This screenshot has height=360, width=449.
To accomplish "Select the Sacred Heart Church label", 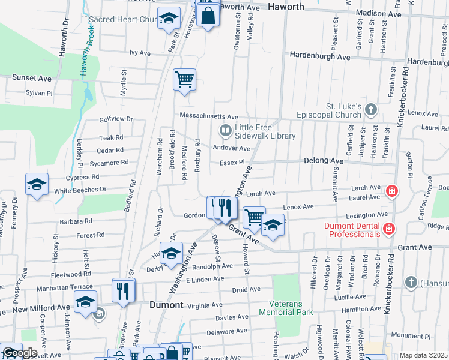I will click(122, 19).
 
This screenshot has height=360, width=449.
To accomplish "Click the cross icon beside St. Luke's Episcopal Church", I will click(371, 109).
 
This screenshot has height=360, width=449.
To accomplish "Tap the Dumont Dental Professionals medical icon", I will click(388, 229).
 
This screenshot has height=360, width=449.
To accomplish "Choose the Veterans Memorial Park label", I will click(286, 308).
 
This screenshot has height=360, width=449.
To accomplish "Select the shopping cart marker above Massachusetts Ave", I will click(184, 80).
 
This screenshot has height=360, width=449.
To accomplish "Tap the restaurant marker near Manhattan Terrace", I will click(124, 291).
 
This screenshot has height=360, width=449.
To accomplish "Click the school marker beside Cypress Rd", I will click(37, 185).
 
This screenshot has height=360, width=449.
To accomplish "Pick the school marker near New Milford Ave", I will click(85, 302).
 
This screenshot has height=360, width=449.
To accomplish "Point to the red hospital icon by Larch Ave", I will click(391, 191).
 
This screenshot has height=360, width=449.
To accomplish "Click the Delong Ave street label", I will click(323, 161).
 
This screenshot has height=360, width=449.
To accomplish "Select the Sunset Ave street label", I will click(32, 78).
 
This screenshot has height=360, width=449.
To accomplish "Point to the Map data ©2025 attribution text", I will click(423, 355).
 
